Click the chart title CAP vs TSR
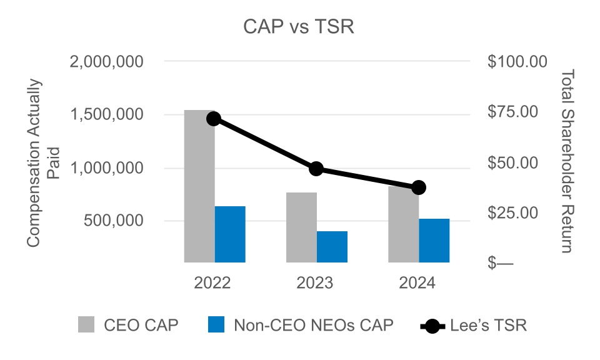[299, 28]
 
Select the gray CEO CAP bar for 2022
[199, 187]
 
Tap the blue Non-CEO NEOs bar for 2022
[230, 234]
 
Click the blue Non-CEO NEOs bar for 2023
[332, 246]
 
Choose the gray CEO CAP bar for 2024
[403, 225]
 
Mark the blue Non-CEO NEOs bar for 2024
[434, 240]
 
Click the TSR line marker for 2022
[214, 119]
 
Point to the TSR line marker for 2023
[316, 169]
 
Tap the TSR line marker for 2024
[418, 187]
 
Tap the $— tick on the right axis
[499, 263]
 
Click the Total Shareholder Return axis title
[566, 161]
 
